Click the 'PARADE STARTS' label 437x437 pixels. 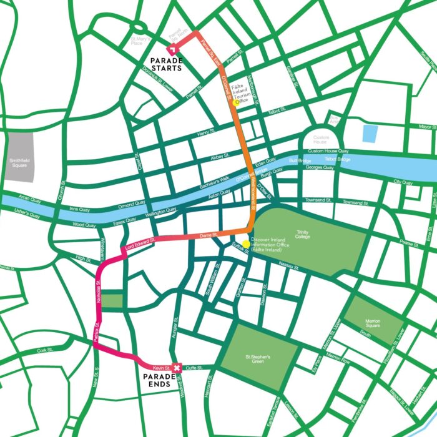coord(165,64)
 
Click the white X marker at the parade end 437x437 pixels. coord(177,368)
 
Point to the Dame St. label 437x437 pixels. coord(207,235)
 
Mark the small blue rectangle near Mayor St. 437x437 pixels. coord(370,133)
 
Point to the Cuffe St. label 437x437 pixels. coord(195,368)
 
